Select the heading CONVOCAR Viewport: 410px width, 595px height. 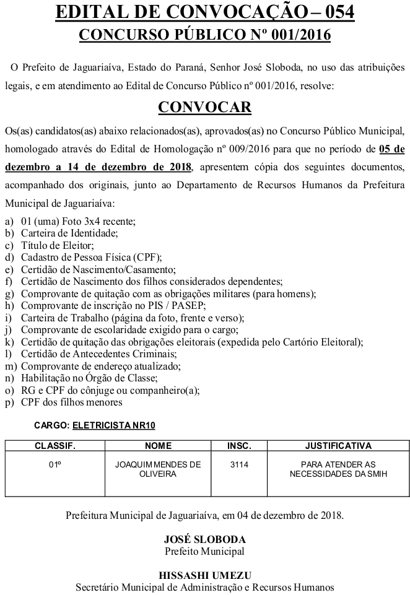[x=205, y=107]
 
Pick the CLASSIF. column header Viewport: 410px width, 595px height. [x=55, y=445]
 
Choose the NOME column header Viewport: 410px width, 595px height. [x=158, y=445]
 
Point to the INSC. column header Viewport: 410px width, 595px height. [x=239, y=445]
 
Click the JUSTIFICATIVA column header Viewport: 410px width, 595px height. [x=338, y=445]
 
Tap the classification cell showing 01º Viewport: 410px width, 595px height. [x=55, y=464]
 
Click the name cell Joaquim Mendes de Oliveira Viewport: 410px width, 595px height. [x=158, y=469]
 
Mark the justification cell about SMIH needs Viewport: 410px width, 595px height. [x=338, y=469]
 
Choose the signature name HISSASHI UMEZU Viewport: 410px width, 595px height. [x=205, y=575]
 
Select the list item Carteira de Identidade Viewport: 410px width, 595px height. [x=69, y=233]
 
